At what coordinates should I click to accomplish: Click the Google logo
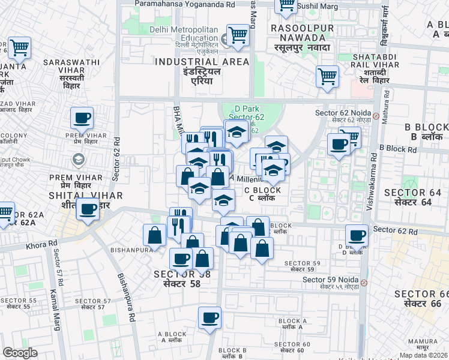20,353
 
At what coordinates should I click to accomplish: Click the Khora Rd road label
41,244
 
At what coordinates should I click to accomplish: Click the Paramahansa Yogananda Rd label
176,4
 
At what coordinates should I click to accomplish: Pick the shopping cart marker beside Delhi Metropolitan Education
238,36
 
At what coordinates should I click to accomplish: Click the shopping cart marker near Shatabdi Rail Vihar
327,76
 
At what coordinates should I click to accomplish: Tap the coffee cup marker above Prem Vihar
82,118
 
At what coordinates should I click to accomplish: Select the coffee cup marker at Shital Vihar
88,209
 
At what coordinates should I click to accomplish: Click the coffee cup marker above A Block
209,318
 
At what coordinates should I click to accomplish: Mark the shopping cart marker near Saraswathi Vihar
19,47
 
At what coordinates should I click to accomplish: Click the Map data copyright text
423,355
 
